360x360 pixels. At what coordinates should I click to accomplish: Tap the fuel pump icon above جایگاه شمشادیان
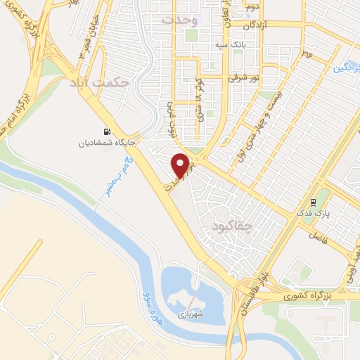(x=107, y=131)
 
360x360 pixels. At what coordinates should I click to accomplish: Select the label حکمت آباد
(x=101, y=84)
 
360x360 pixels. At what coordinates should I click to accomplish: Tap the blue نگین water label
(x=345, y=69)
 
